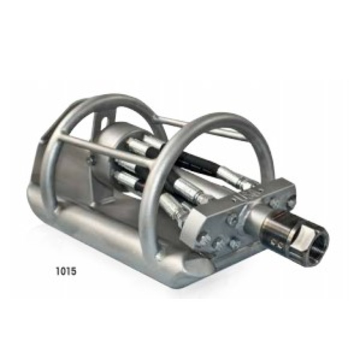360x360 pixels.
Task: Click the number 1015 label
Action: tap(66, 271)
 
